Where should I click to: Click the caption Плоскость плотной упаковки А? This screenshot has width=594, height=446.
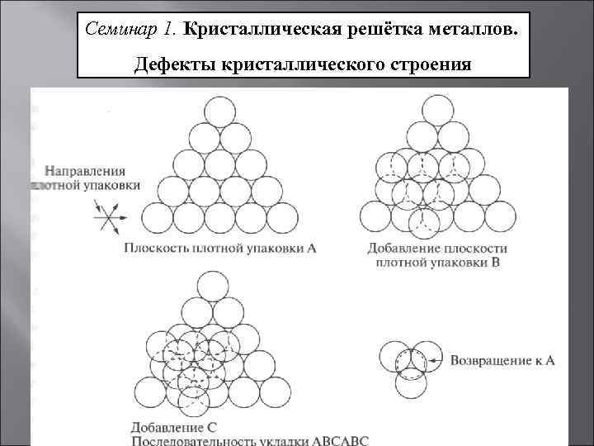coord(220,247)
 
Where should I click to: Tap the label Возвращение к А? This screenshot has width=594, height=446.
coord(502,360)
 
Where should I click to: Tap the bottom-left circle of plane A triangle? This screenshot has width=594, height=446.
coord(158,219)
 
